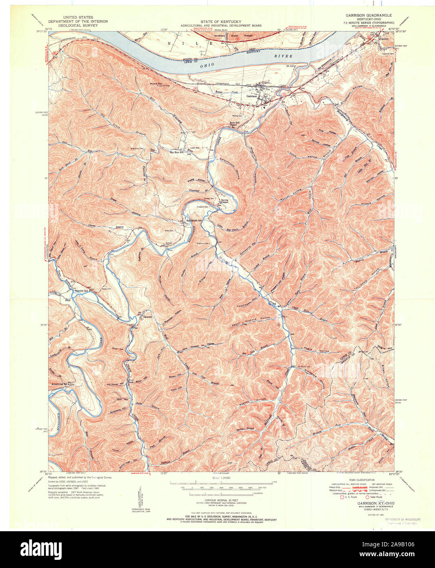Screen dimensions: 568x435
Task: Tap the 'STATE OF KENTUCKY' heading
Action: point(221,22)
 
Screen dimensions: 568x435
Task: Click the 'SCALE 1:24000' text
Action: point(221,478)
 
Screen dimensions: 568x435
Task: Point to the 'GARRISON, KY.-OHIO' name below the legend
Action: point(376,503)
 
